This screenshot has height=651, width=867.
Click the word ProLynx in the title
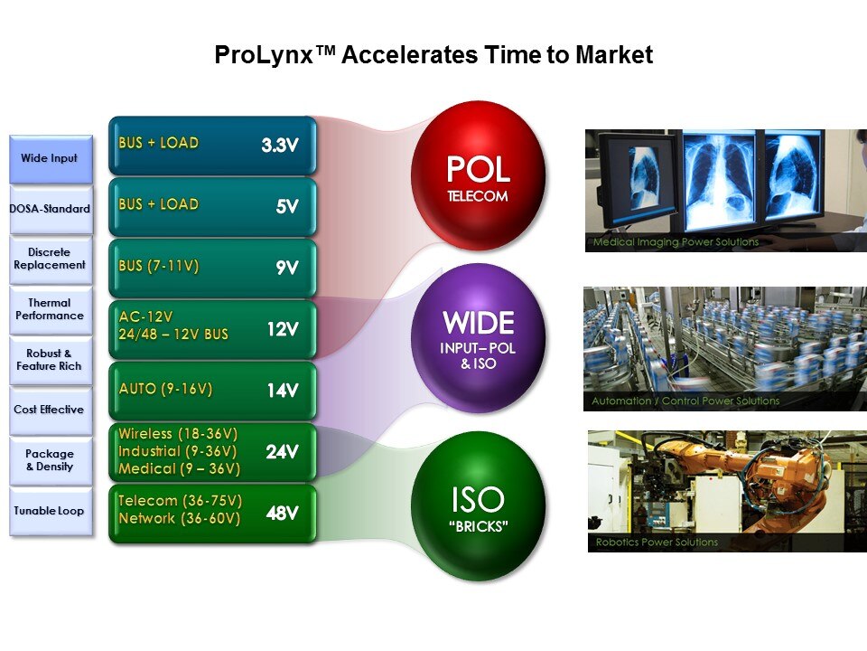point(265,55)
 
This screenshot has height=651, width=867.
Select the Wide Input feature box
point(51,159)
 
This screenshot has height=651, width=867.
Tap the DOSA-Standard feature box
point(51,209)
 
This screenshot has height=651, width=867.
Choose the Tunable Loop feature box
point(51,511)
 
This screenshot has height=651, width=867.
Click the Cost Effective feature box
point(51,410)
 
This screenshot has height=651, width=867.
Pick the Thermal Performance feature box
point(51,309)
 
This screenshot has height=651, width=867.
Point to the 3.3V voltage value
point(280,145)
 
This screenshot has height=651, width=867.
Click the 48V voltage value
point(282,514)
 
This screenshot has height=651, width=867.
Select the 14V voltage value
point(283,391)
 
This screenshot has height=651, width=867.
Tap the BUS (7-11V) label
point(159,266)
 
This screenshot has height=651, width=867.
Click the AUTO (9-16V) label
point(165,389)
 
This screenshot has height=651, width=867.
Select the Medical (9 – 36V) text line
point(179,469)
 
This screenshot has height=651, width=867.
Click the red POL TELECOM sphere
point(479,176)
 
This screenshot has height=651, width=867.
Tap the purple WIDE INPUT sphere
point(479,338)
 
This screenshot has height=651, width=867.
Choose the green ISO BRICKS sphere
point(479,505)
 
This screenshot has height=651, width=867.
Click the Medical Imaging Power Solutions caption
point(676,242)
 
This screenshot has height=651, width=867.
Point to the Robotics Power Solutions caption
point(657,542)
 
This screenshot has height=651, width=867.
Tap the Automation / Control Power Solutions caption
point(685,401)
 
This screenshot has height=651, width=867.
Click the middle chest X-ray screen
point(720,180)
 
